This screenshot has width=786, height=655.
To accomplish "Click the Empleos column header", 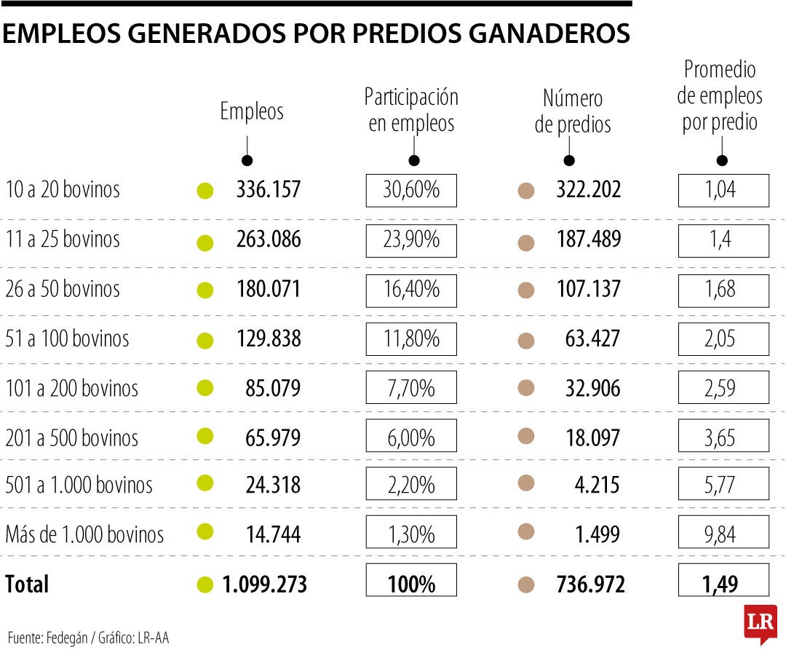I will (252, 111).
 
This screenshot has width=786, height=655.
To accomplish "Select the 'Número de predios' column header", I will (573, 111).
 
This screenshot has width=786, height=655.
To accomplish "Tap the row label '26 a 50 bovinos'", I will (63, 289).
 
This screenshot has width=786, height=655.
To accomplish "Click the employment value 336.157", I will (268, 190).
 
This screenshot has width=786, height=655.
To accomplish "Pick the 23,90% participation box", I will (411, 240).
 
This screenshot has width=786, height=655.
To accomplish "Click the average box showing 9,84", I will (723, 535).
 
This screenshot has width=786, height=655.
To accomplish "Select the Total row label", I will (27, 584).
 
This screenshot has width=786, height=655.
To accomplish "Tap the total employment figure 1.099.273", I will (264, 584).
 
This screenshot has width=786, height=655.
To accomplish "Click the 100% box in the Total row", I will (411, 584).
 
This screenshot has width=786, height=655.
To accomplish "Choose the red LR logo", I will (760, 623).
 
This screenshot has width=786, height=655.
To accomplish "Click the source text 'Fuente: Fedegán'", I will (50, 638).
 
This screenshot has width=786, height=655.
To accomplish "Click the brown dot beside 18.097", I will (525, 437).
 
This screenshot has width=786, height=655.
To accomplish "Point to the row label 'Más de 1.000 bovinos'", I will (84, 535).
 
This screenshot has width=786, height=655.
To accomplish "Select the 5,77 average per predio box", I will (723, 485).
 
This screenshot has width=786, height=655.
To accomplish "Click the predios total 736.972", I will (590, 584).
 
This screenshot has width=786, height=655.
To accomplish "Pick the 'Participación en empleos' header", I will (411, 110).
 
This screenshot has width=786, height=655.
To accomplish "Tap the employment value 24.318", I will (273, 485).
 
